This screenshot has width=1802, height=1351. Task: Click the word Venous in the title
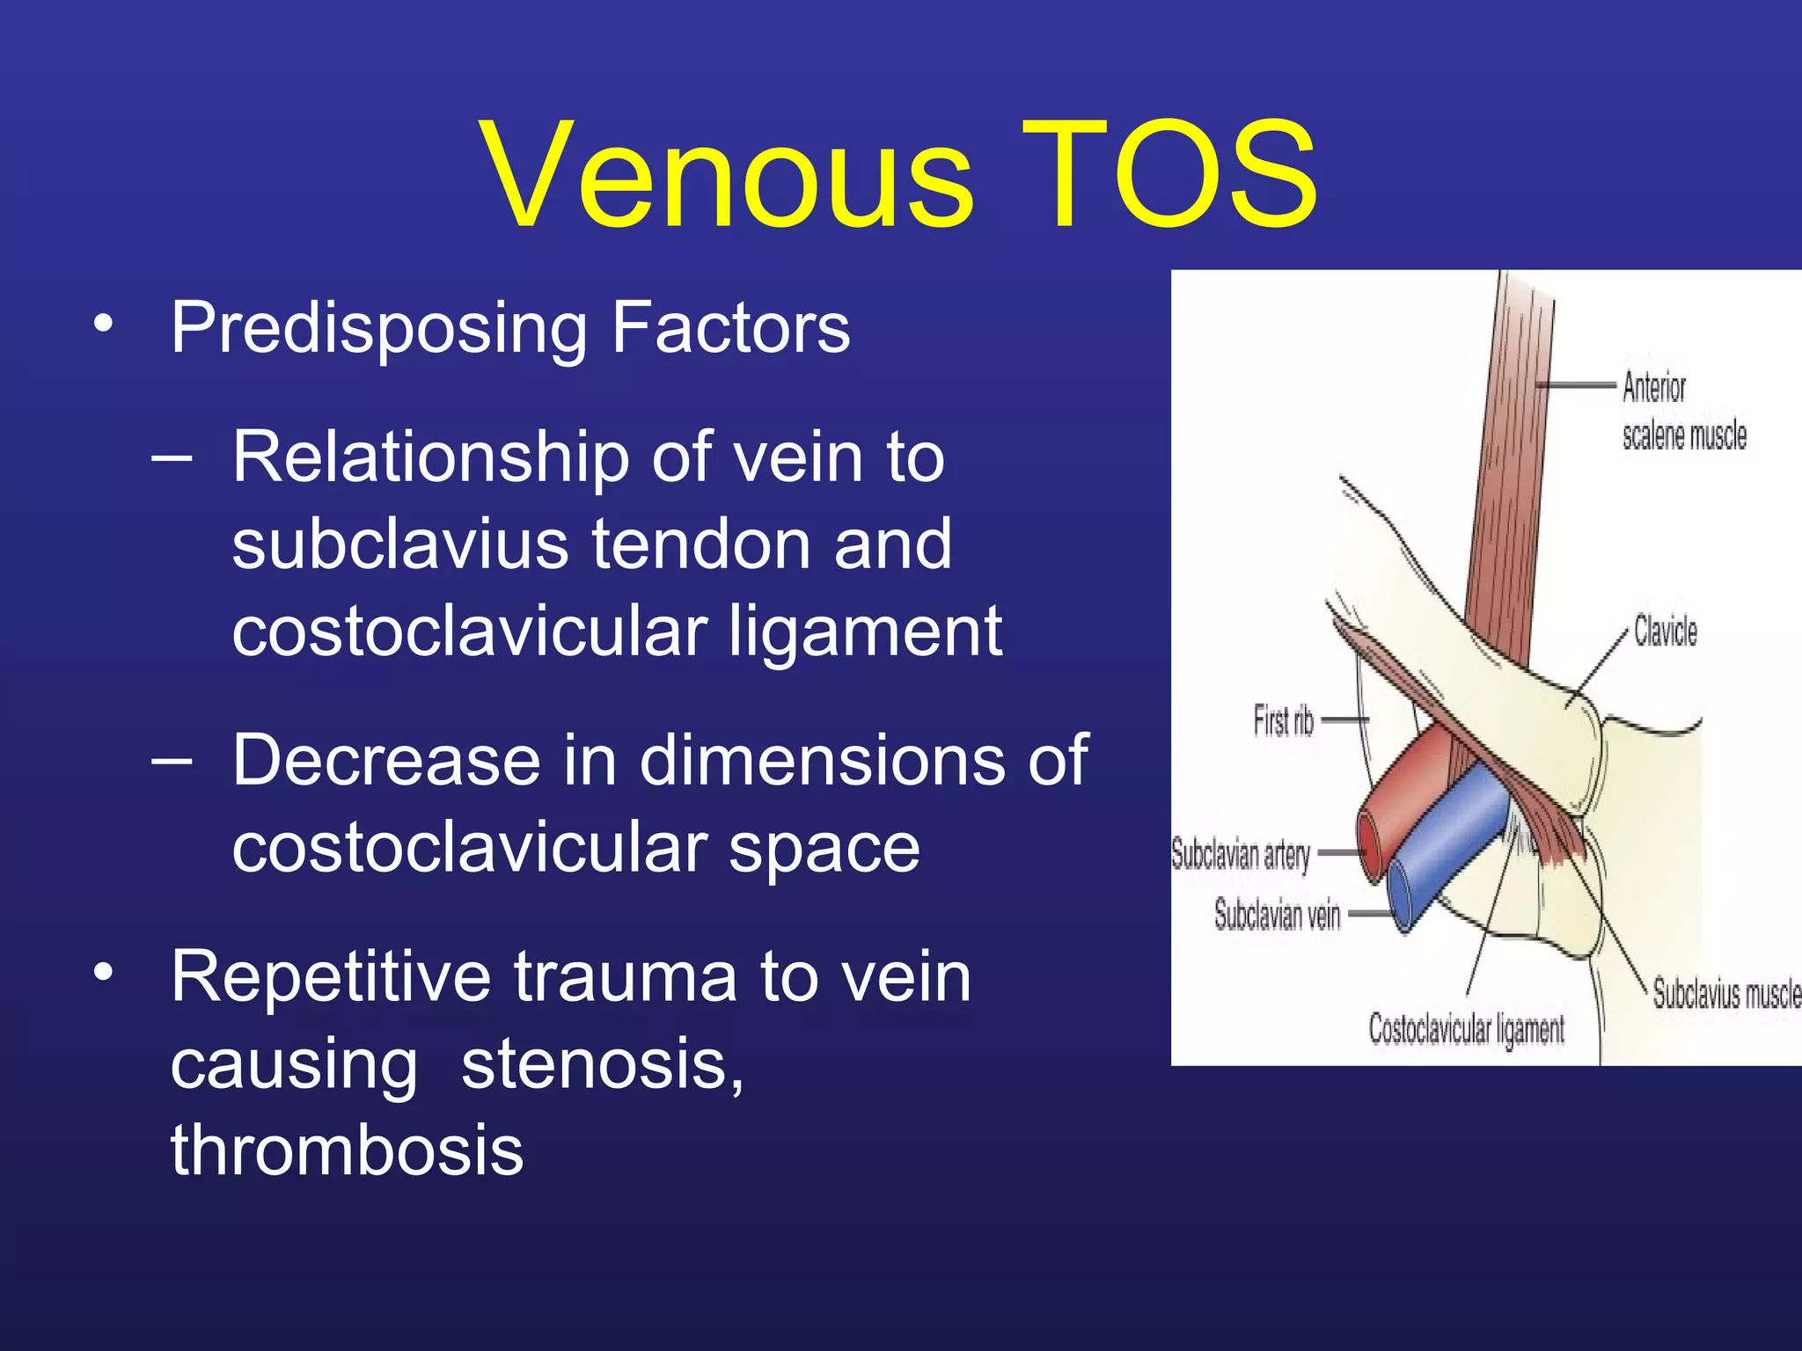(x=727, y=176)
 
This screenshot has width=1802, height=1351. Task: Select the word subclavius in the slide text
(x=401, y=544)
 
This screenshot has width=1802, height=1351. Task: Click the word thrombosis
(x=347, y=1151)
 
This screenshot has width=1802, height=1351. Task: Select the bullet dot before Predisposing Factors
(x=103, y=325)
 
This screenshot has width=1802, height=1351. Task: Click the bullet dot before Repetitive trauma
(x=103, y=973)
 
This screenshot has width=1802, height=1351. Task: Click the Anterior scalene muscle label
(x=1682, y=412)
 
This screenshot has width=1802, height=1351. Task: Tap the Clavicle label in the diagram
(x=1665, y=631)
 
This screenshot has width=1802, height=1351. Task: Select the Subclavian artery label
(x=1241, y=854)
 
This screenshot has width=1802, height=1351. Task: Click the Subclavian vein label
(x=1277, y=915)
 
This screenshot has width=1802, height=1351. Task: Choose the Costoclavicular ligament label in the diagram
(x=1466, y=1029)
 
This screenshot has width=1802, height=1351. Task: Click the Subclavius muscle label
(x=1725, y=994)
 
